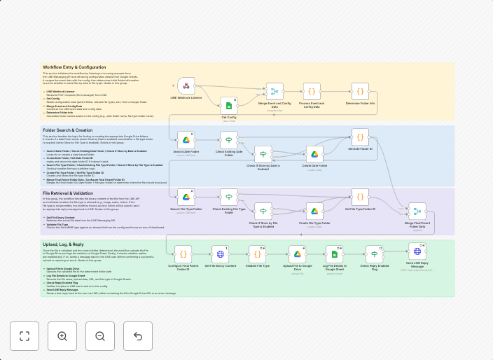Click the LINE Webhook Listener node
pyautogui.click(x=186, y=86)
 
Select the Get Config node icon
pyautogui.click(x=229, y=106)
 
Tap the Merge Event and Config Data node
pyautogui.click(x=273, y=92)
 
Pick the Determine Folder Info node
pyautogui.click(x=360, y=92)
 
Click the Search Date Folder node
pyautogui.click(x=186, y=139)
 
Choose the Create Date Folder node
pyautogui.click(x=315, y=154)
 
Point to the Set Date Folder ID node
pyautogui.click(x=360, y=137)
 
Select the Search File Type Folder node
pyautogui.click(x=186, y=197)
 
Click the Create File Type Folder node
pyautogui.click(x=315, y=212)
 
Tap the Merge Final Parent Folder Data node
pyautogui.click(x=417, y=213)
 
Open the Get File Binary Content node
pyautogui.click(x=220, y=254)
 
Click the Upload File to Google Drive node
pyautogui.click(x=297, y=254)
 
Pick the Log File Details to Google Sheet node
pyautogui.click(x=334, y=254)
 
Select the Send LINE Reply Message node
pyautogui.click(x=417, y=251)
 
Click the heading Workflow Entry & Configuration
pyautogui.click(x=74, y=67)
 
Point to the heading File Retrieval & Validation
pyautogui.click(x=67, y=192)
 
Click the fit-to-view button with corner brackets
pyautogui.click(x=25, y=336)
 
